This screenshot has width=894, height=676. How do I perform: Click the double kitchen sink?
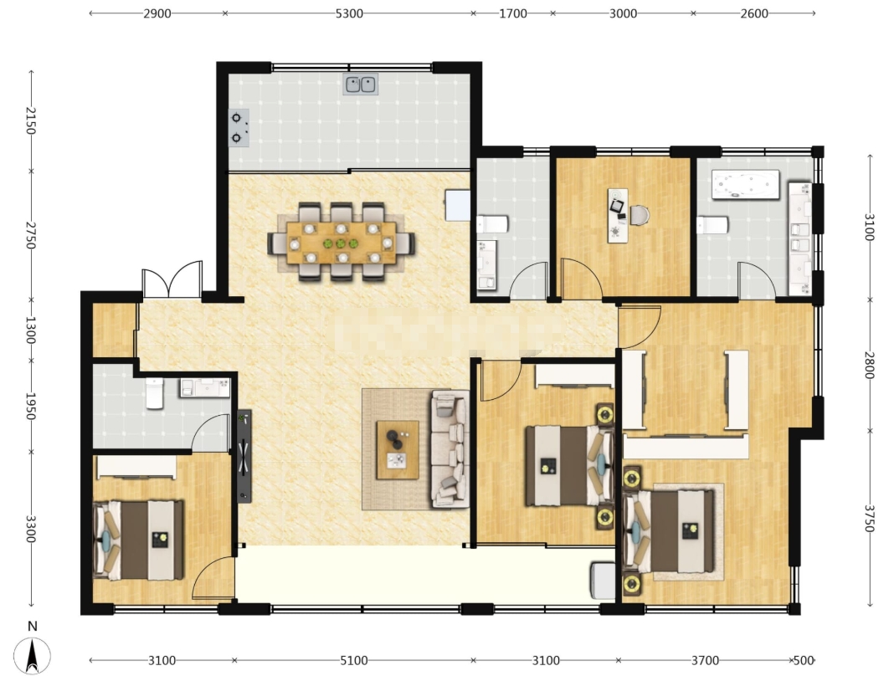coord(361,84)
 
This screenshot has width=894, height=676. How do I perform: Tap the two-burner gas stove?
coord(239,128)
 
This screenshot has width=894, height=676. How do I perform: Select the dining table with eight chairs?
coord(341,243)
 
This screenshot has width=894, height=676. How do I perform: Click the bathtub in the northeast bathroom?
coord(746,185)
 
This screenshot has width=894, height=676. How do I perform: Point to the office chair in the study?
coord(638,215)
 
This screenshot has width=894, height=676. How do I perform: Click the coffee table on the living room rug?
coord(398,450)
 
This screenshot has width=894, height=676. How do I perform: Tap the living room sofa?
coord(450,448)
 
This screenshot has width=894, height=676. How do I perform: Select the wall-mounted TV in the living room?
coord(244,456)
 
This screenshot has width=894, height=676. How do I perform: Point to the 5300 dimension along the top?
coord(349,13)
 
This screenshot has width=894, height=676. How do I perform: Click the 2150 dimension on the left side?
coord(30,120)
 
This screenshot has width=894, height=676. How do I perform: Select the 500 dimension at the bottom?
coord(804,661)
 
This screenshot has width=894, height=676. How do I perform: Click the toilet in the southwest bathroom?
coord(155,393)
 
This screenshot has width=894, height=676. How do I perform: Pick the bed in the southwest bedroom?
coord(138,540)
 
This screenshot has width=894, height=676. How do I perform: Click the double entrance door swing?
coord(172,279)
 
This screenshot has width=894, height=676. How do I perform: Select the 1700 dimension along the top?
coord(513,13)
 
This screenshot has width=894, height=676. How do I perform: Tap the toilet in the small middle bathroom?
coord(492,224)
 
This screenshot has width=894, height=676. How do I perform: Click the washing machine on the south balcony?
coord(603,581)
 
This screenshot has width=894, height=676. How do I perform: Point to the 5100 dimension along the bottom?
coord(353,661)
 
